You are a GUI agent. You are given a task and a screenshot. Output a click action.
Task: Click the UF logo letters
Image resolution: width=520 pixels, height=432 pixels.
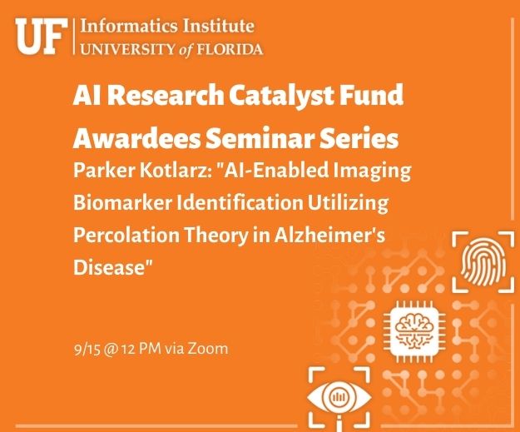click(41, 36)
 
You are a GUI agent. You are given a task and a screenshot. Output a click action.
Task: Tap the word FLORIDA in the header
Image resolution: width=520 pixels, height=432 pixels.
click(230, 49)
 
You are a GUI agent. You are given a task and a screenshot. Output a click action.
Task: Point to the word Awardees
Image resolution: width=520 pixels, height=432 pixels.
click(136, 138)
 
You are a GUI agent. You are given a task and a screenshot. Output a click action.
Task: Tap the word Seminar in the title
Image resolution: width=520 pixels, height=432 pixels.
click(260, 138)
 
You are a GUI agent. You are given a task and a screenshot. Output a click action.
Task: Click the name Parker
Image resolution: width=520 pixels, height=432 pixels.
click(104, 170)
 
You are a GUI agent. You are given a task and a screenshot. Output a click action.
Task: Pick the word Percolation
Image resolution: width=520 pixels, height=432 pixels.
click(126, 235)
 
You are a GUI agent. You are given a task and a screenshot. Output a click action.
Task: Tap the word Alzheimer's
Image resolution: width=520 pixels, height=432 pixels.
click(329, 235)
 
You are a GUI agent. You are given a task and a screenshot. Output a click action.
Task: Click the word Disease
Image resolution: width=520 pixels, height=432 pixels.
click(110, 267)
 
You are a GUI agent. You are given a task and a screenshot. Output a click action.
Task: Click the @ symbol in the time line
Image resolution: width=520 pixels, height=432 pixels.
click(111, 350)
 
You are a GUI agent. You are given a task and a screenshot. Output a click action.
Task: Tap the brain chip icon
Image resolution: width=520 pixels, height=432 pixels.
click(414, 331)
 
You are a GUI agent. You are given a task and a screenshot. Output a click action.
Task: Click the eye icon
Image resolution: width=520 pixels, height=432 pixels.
click(339, 397)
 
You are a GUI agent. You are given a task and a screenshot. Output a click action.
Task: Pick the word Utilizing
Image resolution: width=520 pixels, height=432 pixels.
click(348, 202)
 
